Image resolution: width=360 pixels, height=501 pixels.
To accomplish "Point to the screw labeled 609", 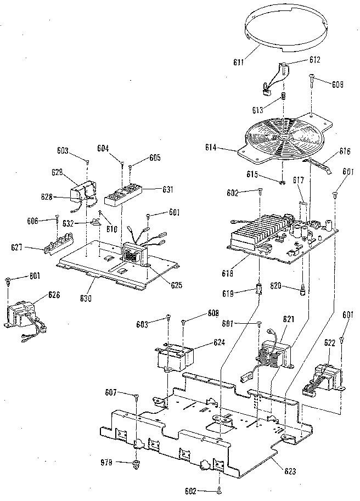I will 312,78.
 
